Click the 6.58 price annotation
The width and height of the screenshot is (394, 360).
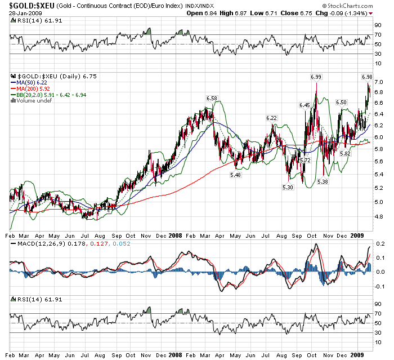pos(212,98)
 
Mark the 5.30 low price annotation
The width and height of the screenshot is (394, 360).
pos(288,186)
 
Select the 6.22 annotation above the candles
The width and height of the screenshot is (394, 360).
pos(271,118)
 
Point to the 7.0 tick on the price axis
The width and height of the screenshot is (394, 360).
pos(379,82)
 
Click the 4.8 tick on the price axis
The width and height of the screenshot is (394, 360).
pos(379,215)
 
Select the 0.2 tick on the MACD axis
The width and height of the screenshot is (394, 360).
pos(380,244)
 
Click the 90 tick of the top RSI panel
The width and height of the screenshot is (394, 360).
pos(379,25)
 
